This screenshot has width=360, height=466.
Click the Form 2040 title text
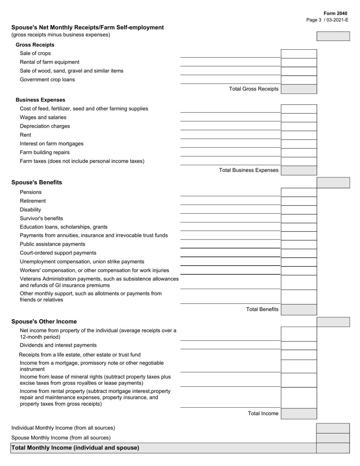click(335, 13)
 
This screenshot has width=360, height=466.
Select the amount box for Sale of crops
click(299, 54)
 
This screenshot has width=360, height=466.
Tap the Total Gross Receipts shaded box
click(299, 89)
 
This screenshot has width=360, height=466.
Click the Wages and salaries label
click(43, 117)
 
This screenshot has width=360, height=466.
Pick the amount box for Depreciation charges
click(299, 127)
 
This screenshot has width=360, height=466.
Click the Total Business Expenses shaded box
click(299, 170)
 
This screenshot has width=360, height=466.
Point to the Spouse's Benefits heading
click(37, 182)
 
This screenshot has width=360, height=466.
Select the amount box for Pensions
click(299, 192)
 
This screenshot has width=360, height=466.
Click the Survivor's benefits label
click(41, 218)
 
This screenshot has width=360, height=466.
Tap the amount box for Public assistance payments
click(299, 244)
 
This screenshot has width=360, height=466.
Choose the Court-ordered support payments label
click(58, 253)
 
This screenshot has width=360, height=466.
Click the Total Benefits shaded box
click(299, 310)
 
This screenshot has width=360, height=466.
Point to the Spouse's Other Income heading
click(44, 321)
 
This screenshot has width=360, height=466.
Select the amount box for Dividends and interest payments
click(299, 346)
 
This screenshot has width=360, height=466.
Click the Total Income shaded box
click(299, 413)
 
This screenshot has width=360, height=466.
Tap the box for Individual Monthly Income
click(333, 428)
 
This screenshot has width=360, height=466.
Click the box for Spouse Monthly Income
click(333, 438)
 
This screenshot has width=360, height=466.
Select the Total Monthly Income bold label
click(75, 448)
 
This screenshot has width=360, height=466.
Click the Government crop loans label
click(47, 80)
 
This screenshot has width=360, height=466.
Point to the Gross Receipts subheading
click(35, 45)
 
